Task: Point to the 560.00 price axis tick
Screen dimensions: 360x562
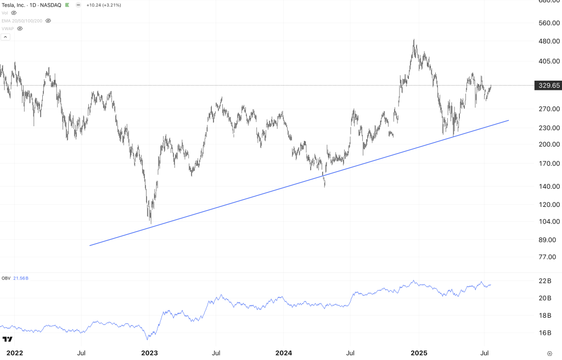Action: (549, 23)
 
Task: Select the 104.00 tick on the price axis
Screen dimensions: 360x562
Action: (549, 222)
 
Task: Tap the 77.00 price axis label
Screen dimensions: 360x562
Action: (549, 257)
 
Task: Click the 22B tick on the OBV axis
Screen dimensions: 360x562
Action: (545, 281)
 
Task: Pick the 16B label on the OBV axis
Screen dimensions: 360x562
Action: (545, 333)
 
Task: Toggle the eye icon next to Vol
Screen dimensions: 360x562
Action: (14, 13)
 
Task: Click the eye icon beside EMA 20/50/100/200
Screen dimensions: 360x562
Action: (48, 20)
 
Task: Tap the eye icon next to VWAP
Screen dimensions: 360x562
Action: (20, 29)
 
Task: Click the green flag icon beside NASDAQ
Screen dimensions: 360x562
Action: (67, 4)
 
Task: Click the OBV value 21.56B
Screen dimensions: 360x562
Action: (21, 278)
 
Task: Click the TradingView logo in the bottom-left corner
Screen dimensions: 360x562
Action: (8, 340)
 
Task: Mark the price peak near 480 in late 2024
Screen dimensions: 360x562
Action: (414, 40)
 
